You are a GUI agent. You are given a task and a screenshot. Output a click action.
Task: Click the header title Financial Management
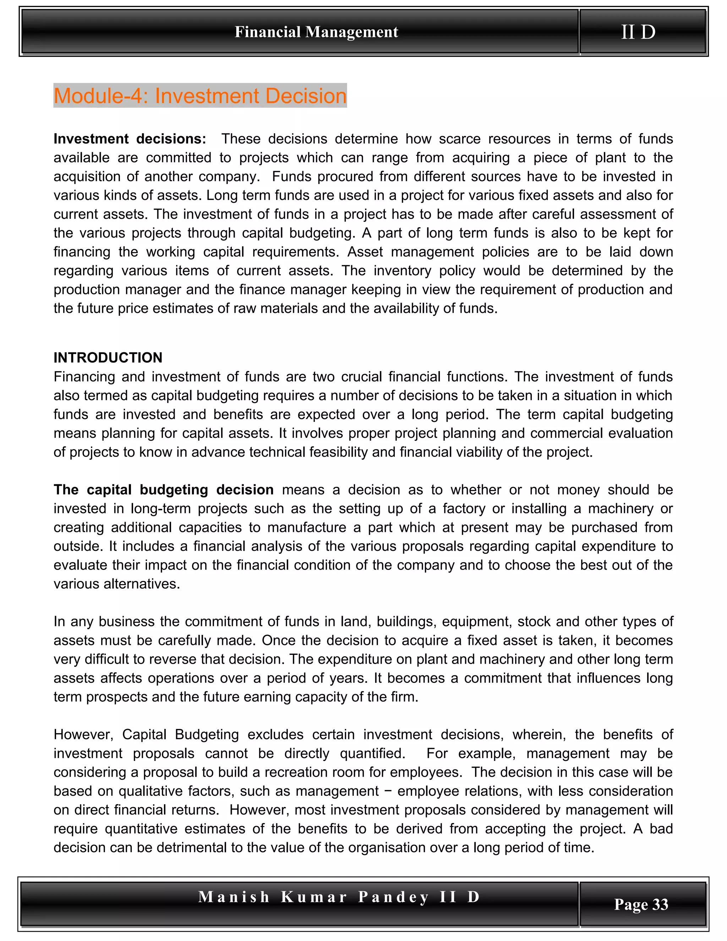coord(316,32)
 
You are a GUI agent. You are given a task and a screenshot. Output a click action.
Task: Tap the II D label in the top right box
coord(638,32)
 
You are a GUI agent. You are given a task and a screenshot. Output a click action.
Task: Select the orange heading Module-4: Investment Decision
coord(200,96)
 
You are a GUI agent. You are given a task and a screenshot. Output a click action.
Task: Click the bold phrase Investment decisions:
coord(130,139)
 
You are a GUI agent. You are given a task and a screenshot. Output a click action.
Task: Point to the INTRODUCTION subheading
coord(108,358)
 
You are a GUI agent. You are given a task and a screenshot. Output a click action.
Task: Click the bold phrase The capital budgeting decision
coord(163,490)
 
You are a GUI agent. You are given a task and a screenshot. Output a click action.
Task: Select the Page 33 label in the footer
coord(641,904)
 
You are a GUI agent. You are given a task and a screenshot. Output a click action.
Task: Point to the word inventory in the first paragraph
coord(402,271)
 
